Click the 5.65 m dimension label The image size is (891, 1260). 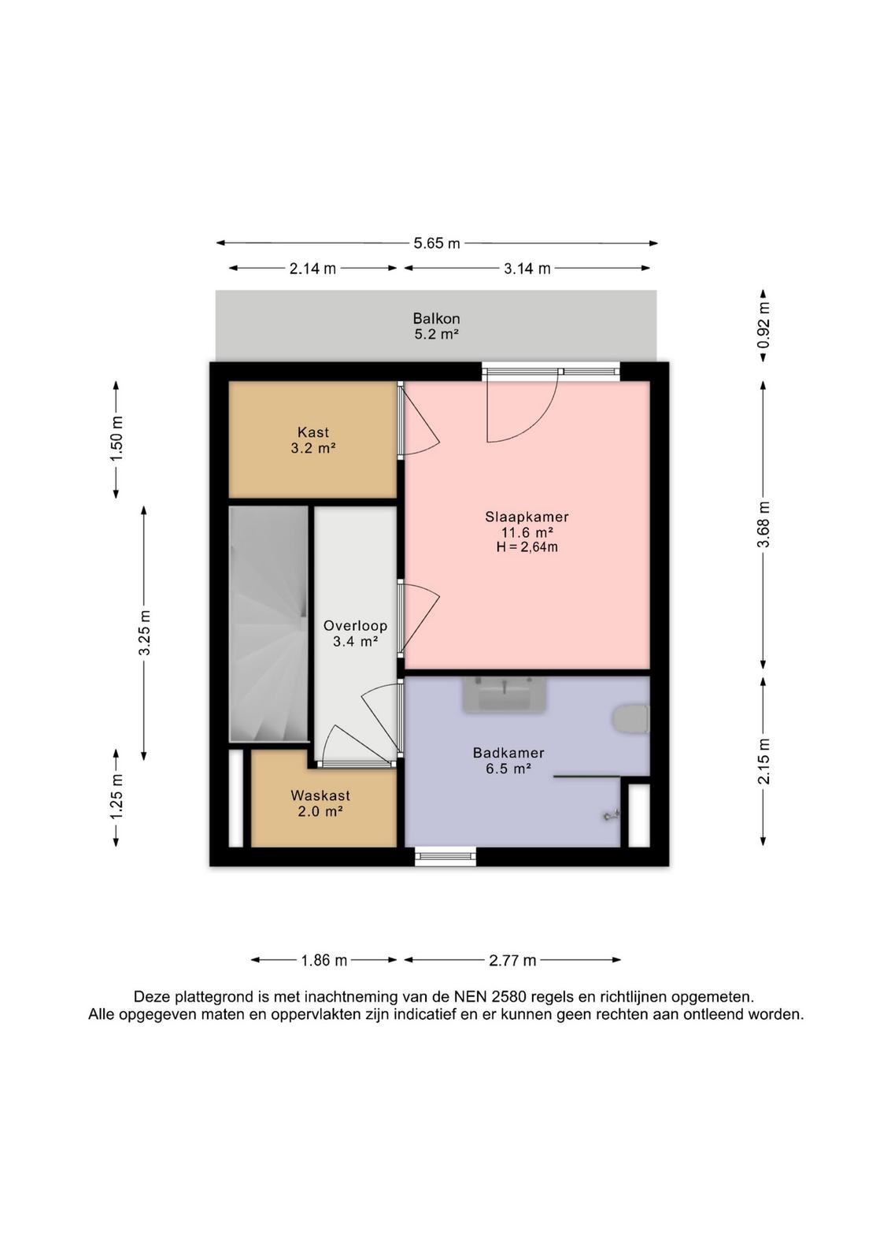[x=437, y=243]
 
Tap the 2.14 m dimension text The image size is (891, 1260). [x=312, y=269]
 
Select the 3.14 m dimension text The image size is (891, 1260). [x=527, y=269]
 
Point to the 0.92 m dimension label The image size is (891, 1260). [x=763, y=325]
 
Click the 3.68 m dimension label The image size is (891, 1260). [x=763, y=524]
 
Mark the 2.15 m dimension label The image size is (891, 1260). [x=763, y=761]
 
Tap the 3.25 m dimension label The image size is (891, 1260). [x=144, y=632]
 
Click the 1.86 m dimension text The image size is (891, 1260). [x=323, y=960]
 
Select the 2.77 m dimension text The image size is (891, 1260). [x=512, y=960]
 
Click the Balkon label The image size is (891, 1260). [x=436, y=318]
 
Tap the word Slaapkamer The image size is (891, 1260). [x=527, y=517]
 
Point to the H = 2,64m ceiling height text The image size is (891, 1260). [x=527, y=547]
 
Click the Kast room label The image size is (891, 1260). [x=313, y=432]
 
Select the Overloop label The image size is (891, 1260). [x=355, y=625]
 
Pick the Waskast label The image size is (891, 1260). [x=320, y=795]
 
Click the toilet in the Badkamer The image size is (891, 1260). [x=630, y=720]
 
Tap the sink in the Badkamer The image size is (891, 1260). [x=505, y=695]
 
